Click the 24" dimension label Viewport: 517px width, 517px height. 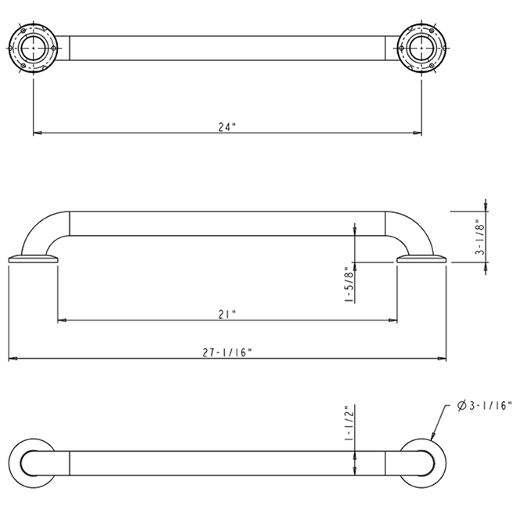pos(226,127)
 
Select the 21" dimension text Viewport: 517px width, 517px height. pos(226,313)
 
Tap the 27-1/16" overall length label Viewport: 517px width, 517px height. pos(226,353)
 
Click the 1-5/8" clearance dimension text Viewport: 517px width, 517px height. pos(348,287)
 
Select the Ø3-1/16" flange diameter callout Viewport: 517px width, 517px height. pos(483,405)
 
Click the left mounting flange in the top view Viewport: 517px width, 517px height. pos(33,48)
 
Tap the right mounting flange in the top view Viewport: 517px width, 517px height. pos(422,48)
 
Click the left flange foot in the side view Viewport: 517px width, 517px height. pos(33,260)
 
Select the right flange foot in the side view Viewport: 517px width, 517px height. pos(421,260)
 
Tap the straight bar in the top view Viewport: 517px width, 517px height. pos(227,48)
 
